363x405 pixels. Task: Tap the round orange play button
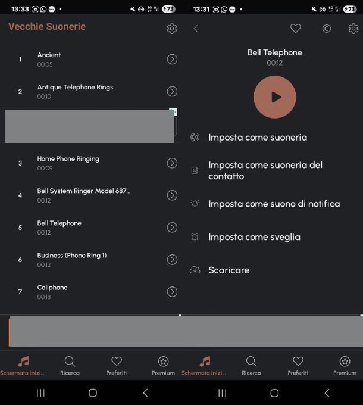pyautogui.click(x=275, y=97)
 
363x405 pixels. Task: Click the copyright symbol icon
pyautogui.click(x=326, y=29)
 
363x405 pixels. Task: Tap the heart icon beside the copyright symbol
pyautogui.click(x=295, y=29)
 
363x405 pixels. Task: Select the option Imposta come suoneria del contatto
pyautogui.click(x=265, y=170)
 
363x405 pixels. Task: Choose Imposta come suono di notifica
pyautogui.click(x=274, y=204)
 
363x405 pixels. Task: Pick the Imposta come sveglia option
pyautogui.click(x=254, y=237)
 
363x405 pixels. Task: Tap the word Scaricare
pyautogui.click(x=229, y=270)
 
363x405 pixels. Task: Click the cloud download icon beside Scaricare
pyautogui.click(x=195, y=270)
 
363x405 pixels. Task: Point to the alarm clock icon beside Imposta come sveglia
pyautogui.click(x=195, y=236)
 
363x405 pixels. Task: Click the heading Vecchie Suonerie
pyautogui.click(x=47, y=26)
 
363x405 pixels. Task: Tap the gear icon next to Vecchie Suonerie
pyautogui.click(x=172, y=29)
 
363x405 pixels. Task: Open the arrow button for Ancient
pyautogui.click(x=172, y=59)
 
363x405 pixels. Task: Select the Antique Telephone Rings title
pyautogui.click(x=76, y=87)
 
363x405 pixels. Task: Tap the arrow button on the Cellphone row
pyautogui.click(x=172, y=292)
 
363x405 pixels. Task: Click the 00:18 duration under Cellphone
pyautogui.click(x=44, y=297)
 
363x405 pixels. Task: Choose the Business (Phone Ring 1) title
pyautogui.click(x=72, y=256)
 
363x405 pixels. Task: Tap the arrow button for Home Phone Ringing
pyautogui.click(x=172, y=163)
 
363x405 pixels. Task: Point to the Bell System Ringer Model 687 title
pyautogui.click(x=83, y=191)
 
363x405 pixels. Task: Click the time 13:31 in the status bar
pyautogui.click(x=201, y=10)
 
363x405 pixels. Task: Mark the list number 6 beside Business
pyautogui.click(x=20, y=260)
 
